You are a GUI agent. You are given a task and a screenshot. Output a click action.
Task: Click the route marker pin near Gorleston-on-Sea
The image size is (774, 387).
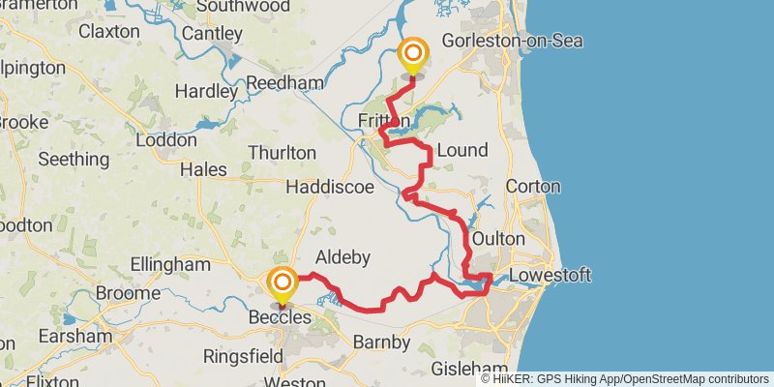[x=413, y=54]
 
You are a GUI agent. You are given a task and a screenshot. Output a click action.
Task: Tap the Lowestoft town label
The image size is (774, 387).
[x=550, y=277]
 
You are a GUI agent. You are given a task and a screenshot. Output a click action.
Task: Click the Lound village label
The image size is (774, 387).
[x=462, y=150]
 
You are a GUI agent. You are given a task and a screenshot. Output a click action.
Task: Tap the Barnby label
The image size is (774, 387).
[x=381, y=342]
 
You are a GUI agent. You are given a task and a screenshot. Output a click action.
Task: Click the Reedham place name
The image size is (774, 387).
[x=283, y=84]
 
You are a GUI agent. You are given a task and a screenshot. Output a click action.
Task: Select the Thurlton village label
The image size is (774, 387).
[x=282, y=153]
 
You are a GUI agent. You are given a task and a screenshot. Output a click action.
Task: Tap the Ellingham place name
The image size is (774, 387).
[x=170, y=264]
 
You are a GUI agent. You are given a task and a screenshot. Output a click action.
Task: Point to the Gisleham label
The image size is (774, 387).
[x=470, y=370]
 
